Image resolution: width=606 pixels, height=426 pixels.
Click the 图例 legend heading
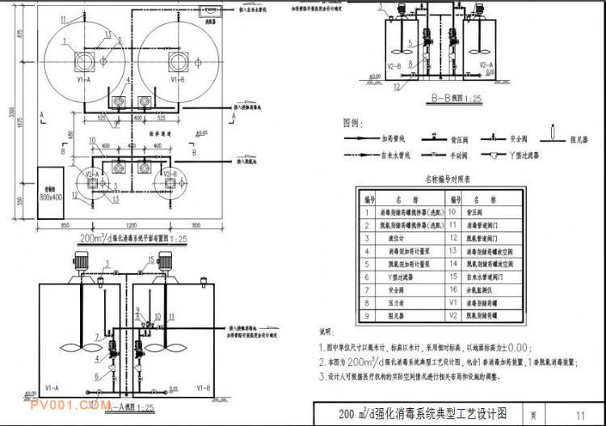351,122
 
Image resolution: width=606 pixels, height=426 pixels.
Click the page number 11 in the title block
580,415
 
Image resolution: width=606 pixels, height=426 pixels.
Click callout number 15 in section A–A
151,259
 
